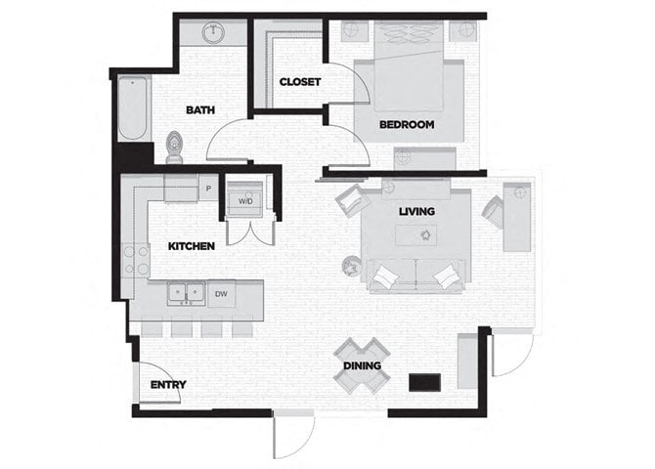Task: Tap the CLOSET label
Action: coord(299,82)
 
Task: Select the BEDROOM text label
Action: coord(408,125)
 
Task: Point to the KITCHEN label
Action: coord(192,246)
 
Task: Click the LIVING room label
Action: coord(416,211)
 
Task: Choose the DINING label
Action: coord(362,366)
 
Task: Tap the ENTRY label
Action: coord(168,385)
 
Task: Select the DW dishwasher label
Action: coord(221,292)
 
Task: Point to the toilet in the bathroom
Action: coord(175,147)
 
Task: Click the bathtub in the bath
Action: coord(132,109)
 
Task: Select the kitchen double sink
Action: coord(185,292)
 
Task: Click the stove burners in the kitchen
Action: coord(136,259)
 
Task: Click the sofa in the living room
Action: coord(415,277)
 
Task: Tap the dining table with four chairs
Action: coord(362,363)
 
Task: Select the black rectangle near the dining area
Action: coord(423,381)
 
